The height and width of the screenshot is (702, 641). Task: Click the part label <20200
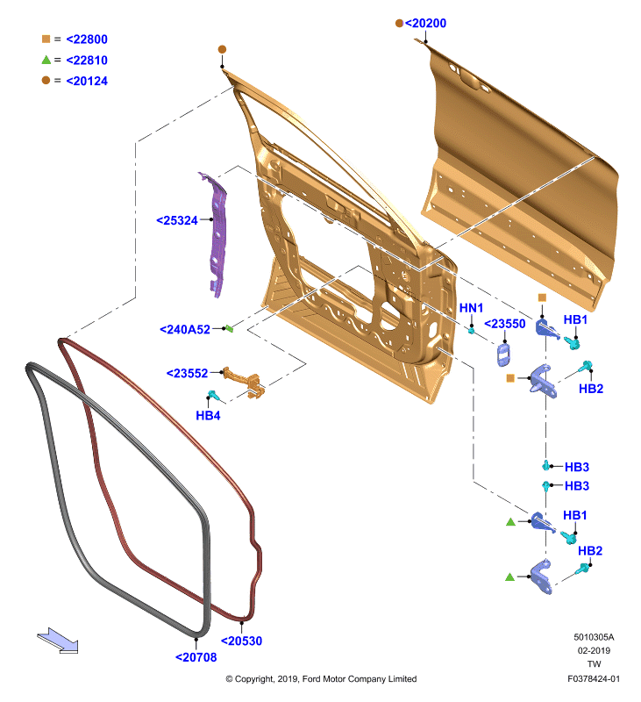point(425,24)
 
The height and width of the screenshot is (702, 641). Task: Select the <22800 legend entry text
point(87,39)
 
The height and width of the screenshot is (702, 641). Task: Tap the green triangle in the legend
point(46,59)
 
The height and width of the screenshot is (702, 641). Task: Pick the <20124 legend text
point(87,81)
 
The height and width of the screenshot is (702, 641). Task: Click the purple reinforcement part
point(217,233)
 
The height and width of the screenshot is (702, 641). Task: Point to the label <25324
point(177,220)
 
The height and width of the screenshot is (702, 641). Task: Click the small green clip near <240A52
point(229,328)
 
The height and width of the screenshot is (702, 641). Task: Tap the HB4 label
point(208,415)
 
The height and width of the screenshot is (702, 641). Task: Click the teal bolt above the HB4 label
point(213,395)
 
